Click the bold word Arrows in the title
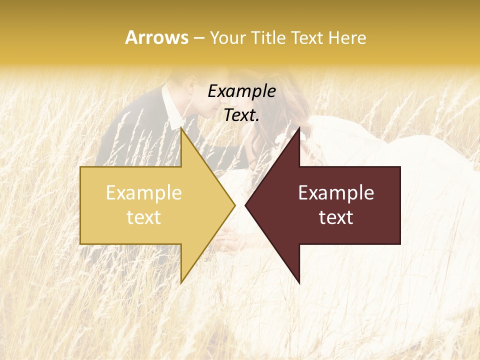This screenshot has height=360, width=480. tap(156, 38)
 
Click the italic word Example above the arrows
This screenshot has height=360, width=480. tap(241, 91)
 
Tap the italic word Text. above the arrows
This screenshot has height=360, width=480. tap(241, 115)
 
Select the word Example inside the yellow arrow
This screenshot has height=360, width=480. tap(144, 193)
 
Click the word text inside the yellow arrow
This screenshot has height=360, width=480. tap(144, 217)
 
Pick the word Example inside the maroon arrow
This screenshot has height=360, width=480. tap(336, 193)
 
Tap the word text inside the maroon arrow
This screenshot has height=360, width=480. tap(336, 217)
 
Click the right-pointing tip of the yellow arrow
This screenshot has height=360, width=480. tap(234, 205)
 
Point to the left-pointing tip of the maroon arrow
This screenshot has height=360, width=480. tap(246, 205)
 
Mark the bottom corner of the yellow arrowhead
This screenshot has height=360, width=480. tap(181, 283)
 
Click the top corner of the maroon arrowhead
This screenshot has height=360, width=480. tap(299, 128)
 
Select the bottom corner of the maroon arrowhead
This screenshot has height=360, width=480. tap(299, 283)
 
